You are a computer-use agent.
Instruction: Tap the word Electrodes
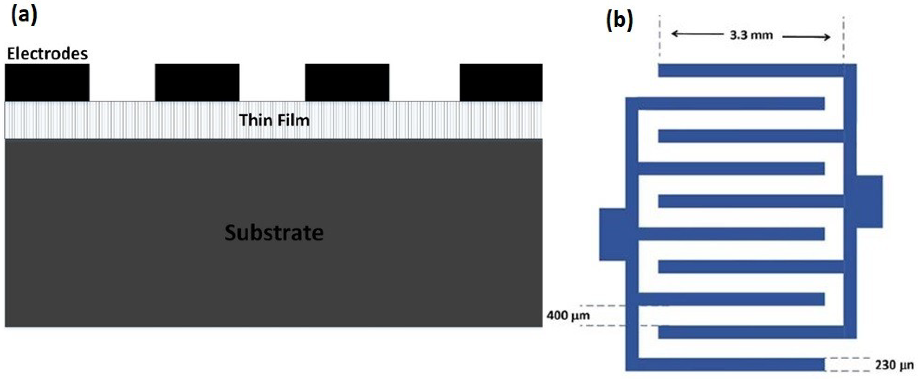pos(47,54)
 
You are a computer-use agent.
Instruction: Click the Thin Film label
pos(274,120)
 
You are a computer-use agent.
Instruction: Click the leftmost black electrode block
pos(47,83)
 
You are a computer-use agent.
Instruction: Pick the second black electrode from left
pos(197,83)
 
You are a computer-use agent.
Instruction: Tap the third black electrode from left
pos(347,83)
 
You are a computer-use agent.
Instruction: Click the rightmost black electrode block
pos(501,83)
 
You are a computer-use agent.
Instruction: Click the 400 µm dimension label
pos(568,316)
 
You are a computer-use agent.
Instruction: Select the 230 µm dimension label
pos(894,365)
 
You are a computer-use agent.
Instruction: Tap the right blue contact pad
pos(869,201)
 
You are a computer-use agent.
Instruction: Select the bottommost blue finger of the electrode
pos(731,365)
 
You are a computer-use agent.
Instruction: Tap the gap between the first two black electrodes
pos(122,83)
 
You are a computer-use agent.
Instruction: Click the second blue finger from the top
pos(731,103)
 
